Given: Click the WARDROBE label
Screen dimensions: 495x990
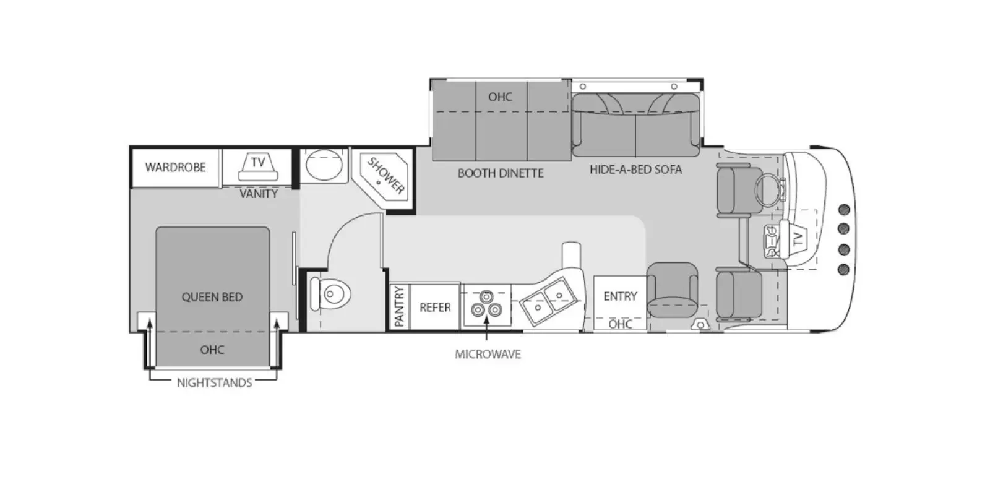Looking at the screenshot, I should [175, 167].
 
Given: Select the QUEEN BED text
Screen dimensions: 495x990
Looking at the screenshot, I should [212, 297].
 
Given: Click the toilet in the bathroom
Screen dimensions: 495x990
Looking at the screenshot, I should [331, 293].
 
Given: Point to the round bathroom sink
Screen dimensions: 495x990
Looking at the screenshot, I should [324, 165].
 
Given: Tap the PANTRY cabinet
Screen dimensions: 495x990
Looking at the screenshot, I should [399, 306].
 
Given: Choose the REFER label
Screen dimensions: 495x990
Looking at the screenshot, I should [435, 307].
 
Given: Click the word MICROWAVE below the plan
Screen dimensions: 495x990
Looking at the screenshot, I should [488, 355].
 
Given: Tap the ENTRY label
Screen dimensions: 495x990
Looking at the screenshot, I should [620, 296].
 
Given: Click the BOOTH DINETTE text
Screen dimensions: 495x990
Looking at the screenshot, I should [501, 173].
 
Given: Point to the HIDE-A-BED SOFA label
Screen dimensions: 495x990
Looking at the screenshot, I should [635, 170].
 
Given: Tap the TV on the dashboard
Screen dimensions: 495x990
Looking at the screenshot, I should [797, 238].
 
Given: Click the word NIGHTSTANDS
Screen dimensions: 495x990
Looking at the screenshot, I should [214, 382].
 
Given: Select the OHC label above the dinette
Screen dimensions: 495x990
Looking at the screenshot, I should [500, 97].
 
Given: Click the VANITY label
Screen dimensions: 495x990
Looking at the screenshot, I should [259, 194].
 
